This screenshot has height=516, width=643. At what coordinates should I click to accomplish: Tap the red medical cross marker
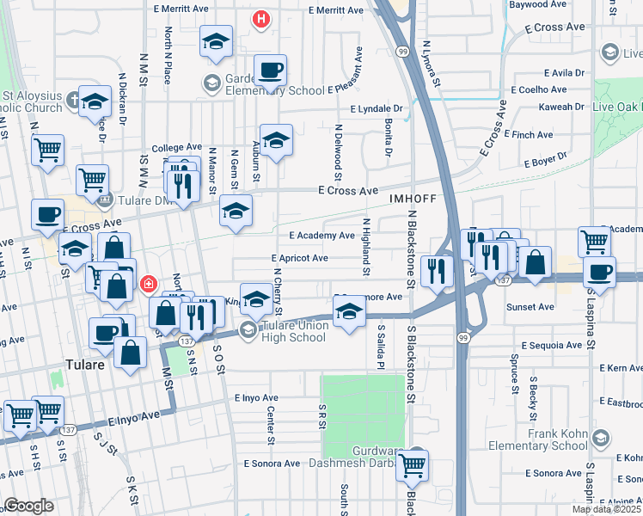coord(149,283)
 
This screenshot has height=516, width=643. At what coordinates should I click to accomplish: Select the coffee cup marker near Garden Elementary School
coord(270,70)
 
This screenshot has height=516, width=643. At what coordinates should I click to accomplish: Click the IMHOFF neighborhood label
coord(408,198)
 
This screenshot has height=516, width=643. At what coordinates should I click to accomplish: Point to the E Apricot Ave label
coord(299,258)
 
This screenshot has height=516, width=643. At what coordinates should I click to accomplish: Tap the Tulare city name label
coord(87,365)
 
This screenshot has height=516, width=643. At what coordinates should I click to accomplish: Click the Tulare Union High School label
coord(294,332)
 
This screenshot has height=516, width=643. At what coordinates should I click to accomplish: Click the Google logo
coord(28,506)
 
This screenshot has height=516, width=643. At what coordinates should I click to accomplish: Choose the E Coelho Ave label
coord(538,89)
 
